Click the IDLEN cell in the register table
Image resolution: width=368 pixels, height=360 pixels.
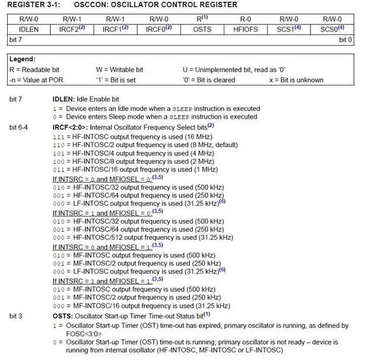(x=29, y=29)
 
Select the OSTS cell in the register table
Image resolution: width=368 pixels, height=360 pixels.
(x=202, y=29)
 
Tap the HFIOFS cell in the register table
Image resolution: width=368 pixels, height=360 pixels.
(x=246, y=29)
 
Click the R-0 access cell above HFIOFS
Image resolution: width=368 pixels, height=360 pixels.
(x=246, y=19)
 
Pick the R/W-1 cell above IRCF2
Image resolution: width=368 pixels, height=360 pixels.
(x=73, y=19)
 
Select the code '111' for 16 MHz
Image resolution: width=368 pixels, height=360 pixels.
(x=58, y=136)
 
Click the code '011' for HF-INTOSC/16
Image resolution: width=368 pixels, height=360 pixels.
(x=58, y=170)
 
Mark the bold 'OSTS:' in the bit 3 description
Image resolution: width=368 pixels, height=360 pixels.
(x=63, y=316)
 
